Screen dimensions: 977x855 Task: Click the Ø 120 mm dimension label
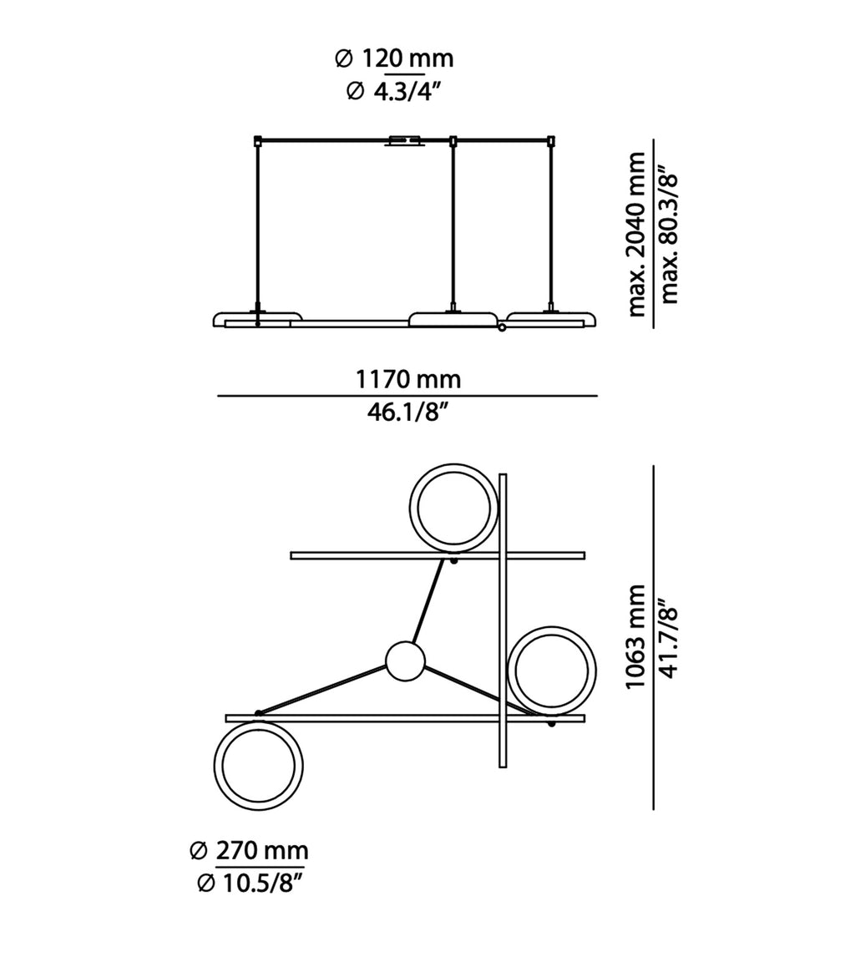(x=394, y=58)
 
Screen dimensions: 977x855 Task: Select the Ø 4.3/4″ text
(x=393, y=91)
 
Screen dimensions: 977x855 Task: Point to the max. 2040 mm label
(x=637, y=234)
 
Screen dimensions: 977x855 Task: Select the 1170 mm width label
(x=408, y=379)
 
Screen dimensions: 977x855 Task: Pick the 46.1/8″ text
(x=408, y=412)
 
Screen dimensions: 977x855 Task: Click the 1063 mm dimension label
(x=637, y=636)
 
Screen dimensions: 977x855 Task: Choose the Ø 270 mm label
(x=249, y=851)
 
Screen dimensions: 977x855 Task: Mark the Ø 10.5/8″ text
(x=249, y=883)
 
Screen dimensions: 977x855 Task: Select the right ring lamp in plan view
(x=553, y=671)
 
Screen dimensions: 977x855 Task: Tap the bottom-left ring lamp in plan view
(x=258, y=767)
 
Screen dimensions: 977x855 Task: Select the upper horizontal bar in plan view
(x=376, y=555)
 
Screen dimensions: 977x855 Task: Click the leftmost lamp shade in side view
(x=257, y=317)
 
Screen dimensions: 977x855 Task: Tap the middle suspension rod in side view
(x=453, y=225)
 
